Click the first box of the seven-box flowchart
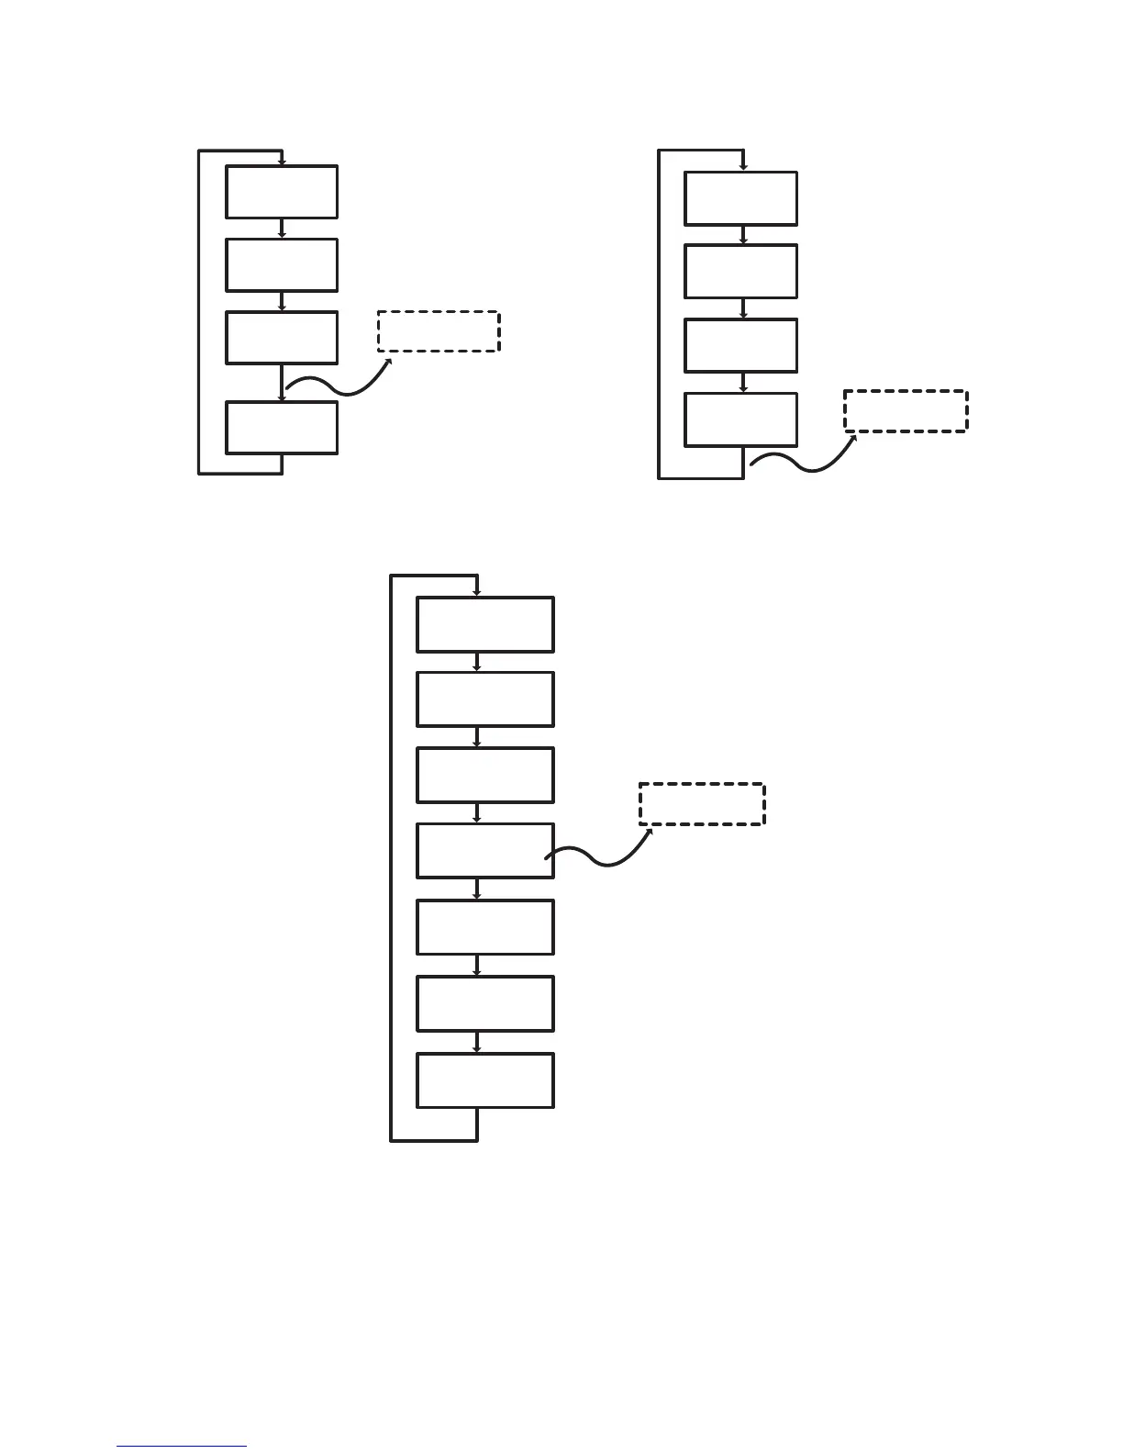click(484, 624)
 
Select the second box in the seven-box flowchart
click(484, 699)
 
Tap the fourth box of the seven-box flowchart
click(484, 851)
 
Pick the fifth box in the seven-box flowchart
click(484, 927)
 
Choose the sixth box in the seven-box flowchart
click(484, 1003)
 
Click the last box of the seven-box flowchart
click(484, 1080)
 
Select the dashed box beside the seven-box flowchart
click(702, 804)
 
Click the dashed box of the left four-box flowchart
click(439, 331)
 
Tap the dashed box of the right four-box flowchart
click(906, 411)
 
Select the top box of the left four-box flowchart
click(282, 192)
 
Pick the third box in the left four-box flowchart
click(282, 337)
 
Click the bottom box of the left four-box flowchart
click(282, 428)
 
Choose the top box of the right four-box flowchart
click(740, 198)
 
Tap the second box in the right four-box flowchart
click(740, 271)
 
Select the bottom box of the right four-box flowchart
click(740, 419)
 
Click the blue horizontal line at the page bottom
click(182, 1447)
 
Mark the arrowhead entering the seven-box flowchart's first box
click(477, 593)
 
